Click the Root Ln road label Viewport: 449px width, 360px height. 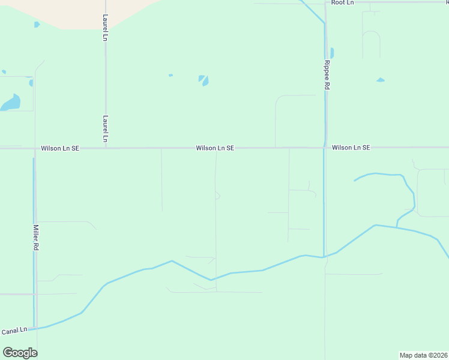click(343, 3)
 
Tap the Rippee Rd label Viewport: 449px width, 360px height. click(327, 75)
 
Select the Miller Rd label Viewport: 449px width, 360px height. click(36, 238)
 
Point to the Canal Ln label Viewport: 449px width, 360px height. click(14, 331)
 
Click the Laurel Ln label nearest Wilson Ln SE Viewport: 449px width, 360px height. click(106, 129)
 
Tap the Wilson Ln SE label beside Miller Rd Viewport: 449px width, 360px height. click(60, 148)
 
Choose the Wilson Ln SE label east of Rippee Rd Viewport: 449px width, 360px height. click(351, 147)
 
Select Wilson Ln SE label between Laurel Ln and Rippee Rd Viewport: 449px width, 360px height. click(214, 148)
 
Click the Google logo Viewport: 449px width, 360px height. click(20, 353)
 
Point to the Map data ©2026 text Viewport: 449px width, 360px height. click(423, 355)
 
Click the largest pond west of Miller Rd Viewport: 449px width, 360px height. click(11, 103)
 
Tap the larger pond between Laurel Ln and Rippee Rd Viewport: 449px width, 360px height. click(204, 80)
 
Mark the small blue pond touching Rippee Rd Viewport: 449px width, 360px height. click(332, 53)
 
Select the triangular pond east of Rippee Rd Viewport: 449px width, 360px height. click(380, 80)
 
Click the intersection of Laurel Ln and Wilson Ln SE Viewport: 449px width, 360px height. click(106, 148)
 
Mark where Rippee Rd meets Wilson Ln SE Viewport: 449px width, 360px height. click(325, 147)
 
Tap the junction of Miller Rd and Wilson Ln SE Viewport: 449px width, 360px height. click(35, 148)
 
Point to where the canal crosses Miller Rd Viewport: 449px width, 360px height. click(35, 328)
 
